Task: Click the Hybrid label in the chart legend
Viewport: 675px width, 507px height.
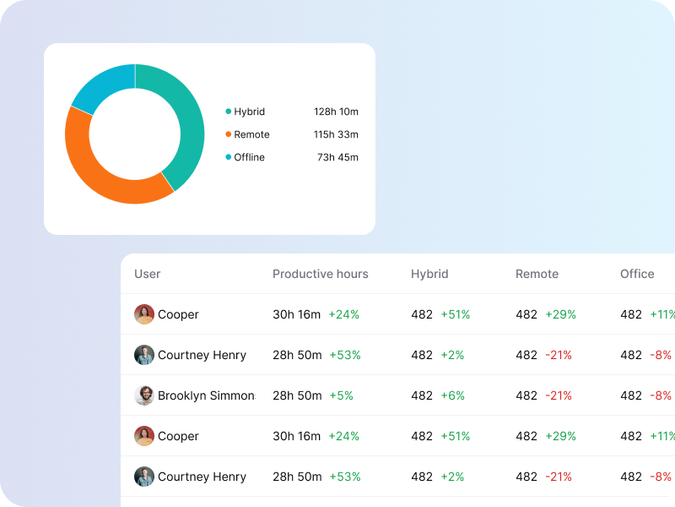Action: click(249, 112)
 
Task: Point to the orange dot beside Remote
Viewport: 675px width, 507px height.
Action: click(228, 134)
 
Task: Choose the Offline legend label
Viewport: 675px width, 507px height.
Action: click(249, 157)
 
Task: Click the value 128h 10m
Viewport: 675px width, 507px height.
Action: click(336, 112)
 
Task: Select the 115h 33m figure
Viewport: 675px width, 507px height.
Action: click(336, 134)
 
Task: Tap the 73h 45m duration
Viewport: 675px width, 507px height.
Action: click(337, 157)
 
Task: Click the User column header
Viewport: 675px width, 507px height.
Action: click(147, 274)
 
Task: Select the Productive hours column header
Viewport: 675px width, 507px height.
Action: click(320, 274)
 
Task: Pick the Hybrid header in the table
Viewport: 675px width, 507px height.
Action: click(429, 274)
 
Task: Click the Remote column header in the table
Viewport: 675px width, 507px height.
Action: click(537, 274)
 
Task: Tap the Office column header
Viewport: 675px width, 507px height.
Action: click(637, 274)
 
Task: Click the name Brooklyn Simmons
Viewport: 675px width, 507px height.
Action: click(206, 395)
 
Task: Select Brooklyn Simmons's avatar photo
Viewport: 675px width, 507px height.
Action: click(144, 395)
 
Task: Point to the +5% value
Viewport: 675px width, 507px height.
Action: click(341, 395)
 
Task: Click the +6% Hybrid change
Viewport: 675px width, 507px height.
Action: click(452, 395)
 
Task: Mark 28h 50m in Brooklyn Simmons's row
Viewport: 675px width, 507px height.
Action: click(297, 395)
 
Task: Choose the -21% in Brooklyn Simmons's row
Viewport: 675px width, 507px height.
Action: click(559, 395)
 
